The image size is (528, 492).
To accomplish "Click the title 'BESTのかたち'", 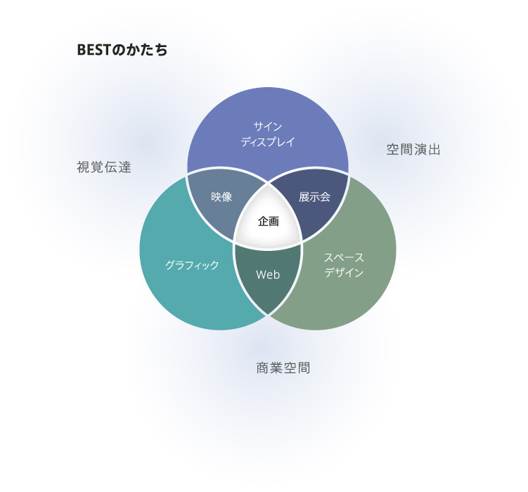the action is pyautogui.click(x=122, y=50).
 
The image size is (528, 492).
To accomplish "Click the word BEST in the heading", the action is pyautogui.click(x=94, y=50).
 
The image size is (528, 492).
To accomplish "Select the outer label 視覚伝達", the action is pyautogui.click(x=104, y=167).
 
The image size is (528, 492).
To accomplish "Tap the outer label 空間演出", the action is pyautogui.click(x=413, y=150).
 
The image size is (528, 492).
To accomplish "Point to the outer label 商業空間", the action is pyautogui.click(x=283, y=368).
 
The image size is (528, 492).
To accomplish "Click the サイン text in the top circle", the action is pyautogui.click(x=268, y=127).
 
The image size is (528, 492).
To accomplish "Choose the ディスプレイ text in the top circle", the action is pyautogui.click(x=268, y=142).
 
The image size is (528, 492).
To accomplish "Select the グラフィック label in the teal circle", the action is pyautogui.click(x=192, y=265).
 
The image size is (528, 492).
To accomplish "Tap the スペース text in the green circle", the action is pyautogui.click(x=344, y=258).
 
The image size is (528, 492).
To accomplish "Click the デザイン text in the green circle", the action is pyautogui.click(x=344, y=273).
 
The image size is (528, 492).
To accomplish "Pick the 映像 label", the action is pyautogui.click(x=221, y=197).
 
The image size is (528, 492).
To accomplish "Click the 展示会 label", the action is pyautogui.click(x=314, y=197).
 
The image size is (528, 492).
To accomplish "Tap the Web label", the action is pyautogui.click(x=268, y=275).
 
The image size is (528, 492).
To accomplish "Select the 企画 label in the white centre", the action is pyautogui.click(x=269, y=221).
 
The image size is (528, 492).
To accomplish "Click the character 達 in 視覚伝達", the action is pyautogui.click(x=124, y=167).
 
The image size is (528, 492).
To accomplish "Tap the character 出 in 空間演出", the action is pyautogui.click(x=434, y=150).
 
